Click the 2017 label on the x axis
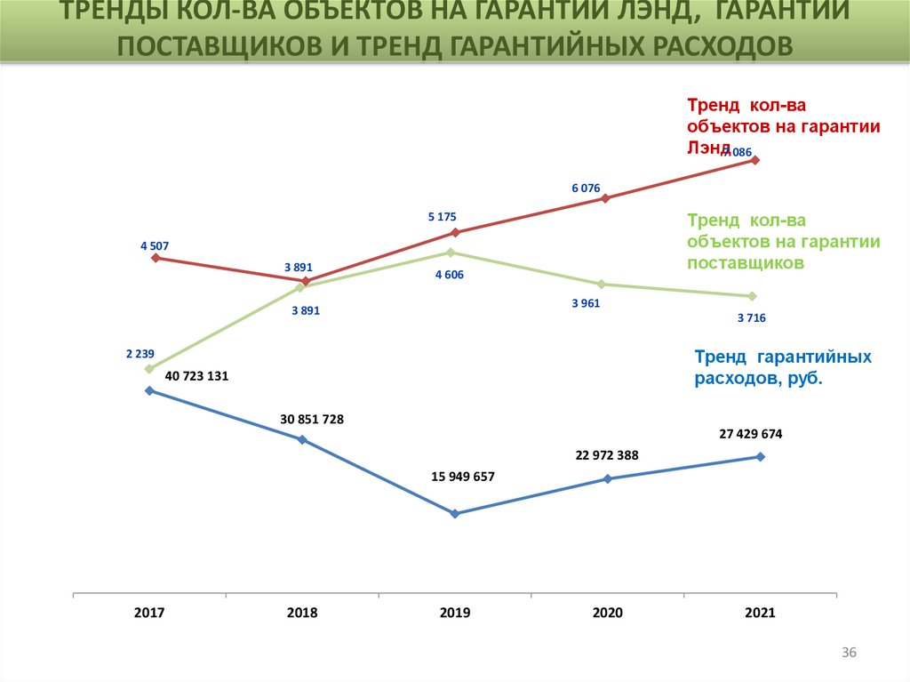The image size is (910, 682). point(149,613)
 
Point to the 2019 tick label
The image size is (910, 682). point(455,613)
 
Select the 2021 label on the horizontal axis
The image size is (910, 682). point(761,613)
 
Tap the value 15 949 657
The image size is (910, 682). point(462,477)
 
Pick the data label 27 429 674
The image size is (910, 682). point(751,434)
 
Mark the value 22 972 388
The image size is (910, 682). point(607,455)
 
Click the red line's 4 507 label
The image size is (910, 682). point(155,245)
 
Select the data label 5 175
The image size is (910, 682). point(442,217)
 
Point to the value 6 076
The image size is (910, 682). point(586,188)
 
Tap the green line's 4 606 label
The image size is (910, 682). point(449,275)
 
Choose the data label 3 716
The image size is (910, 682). point(751,317)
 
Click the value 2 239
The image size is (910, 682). point(140,353)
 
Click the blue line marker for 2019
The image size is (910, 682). point(455,514)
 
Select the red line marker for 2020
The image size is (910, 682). point(605,198)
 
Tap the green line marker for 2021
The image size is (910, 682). point(753,296)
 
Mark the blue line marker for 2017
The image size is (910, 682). point(149,390)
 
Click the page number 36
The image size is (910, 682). point(849,654)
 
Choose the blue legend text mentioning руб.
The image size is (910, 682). point(782,367)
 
